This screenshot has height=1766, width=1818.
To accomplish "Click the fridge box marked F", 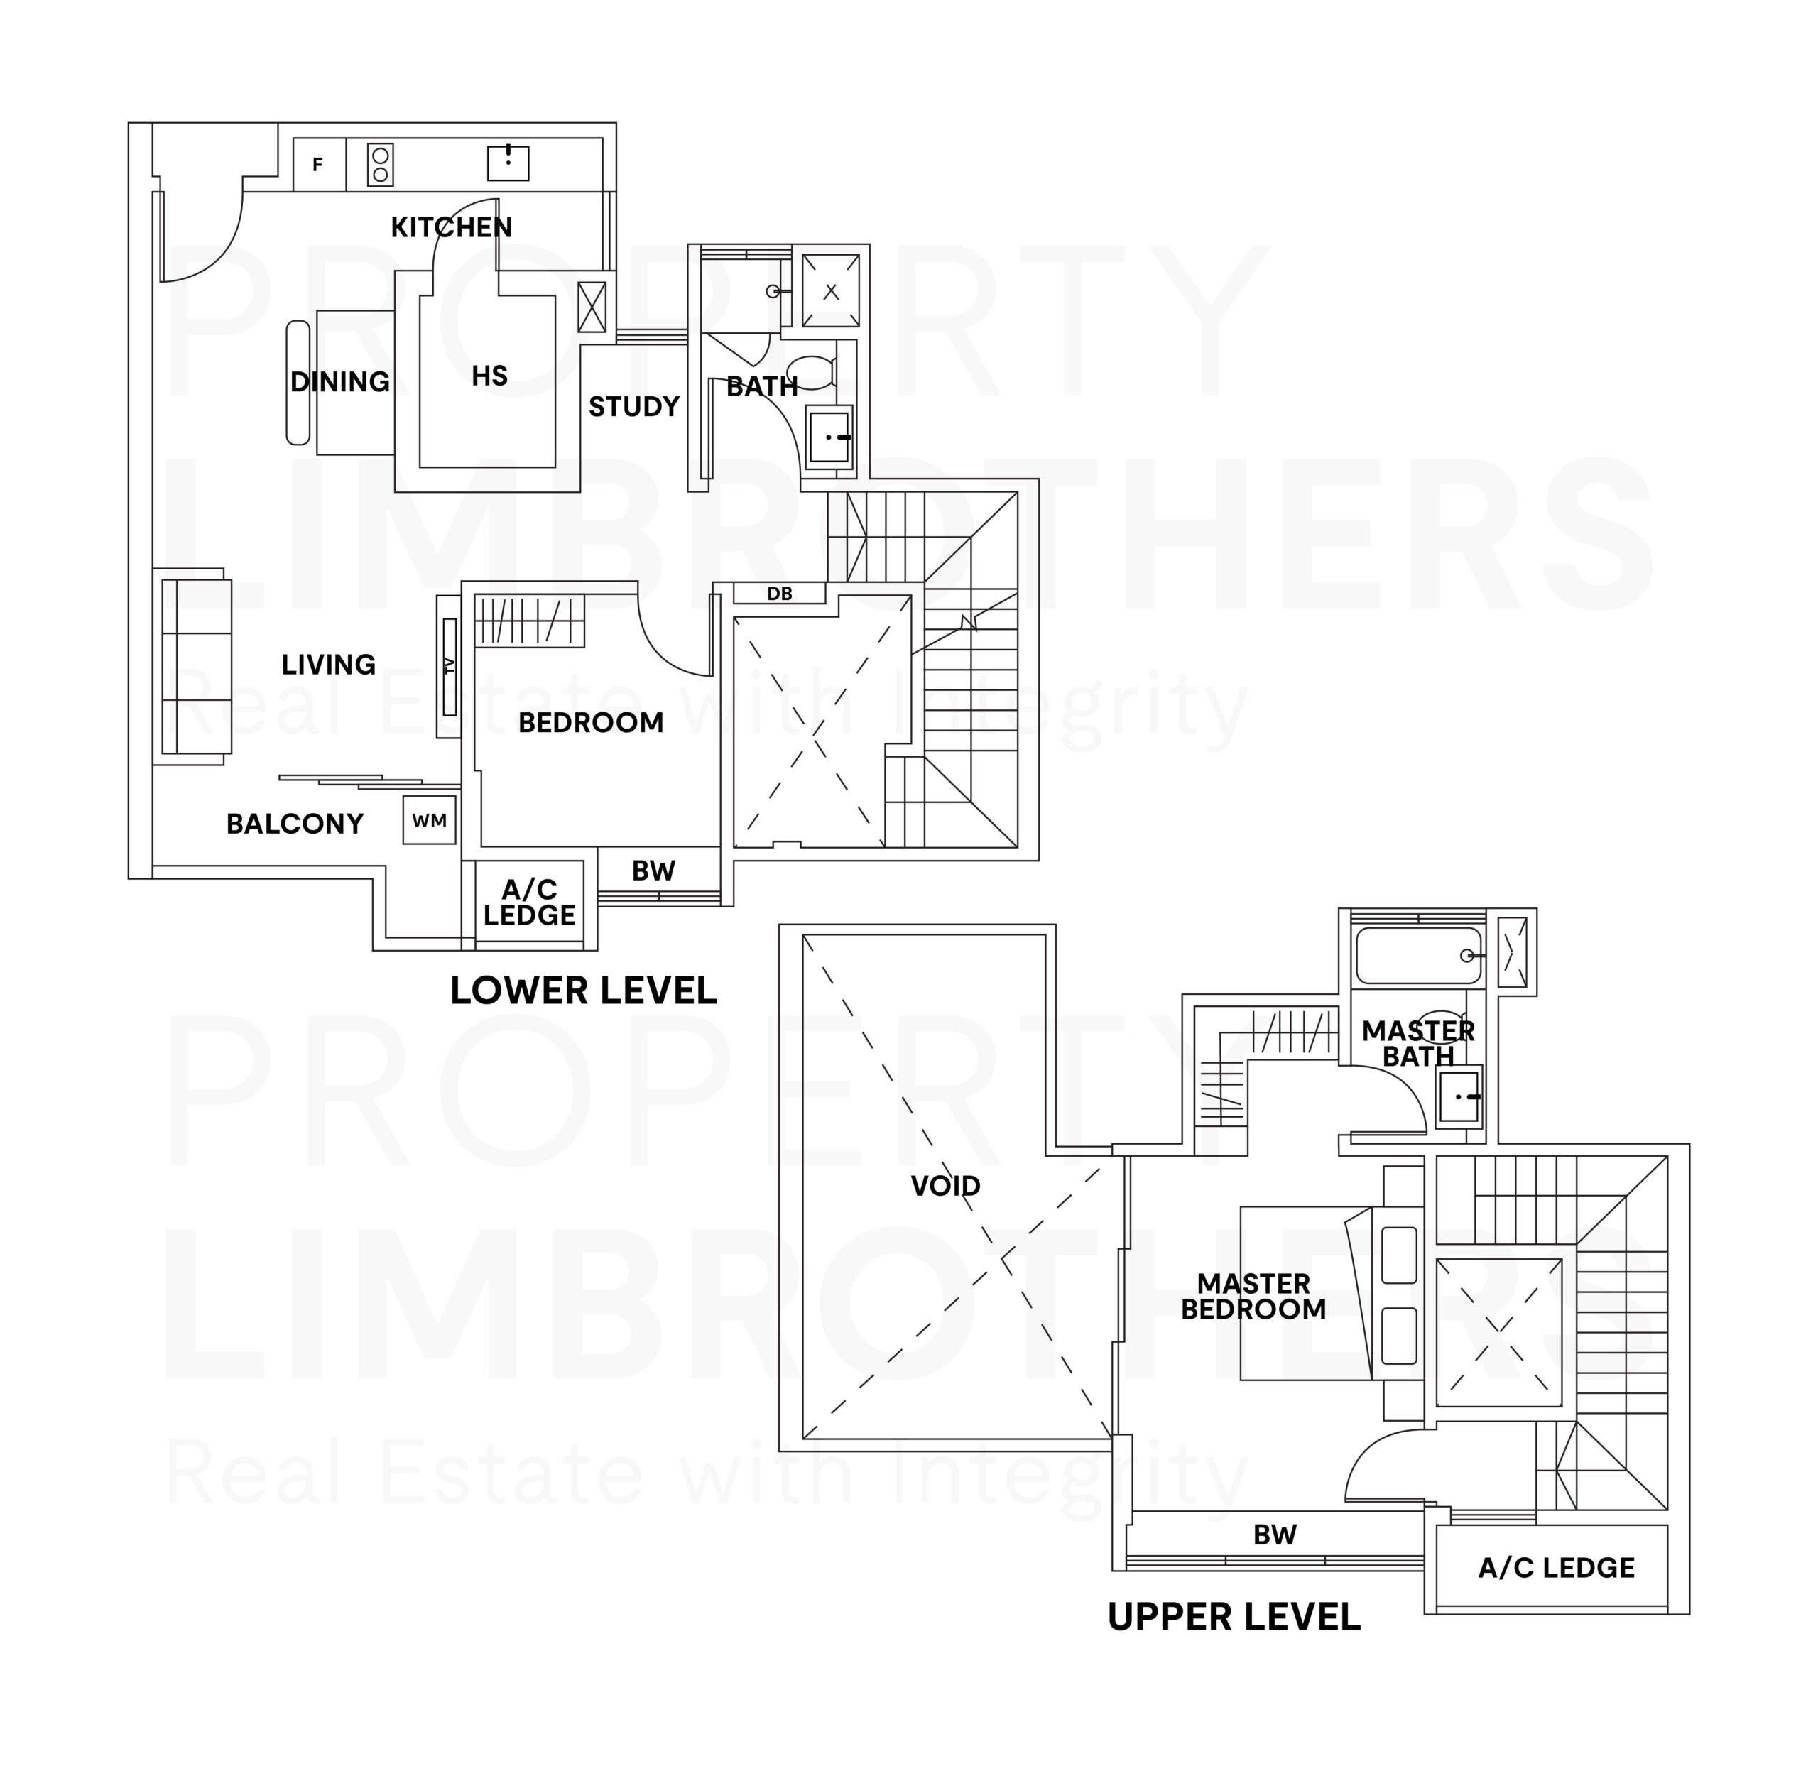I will point(318,165).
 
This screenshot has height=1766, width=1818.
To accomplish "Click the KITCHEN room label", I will point(451,227).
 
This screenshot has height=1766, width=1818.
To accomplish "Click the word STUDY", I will point(633,406).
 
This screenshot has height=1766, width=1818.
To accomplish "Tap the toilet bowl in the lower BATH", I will point(815,372).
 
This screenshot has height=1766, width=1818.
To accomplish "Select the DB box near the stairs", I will point(779,594).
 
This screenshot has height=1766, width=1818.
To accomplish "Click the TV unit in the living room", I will point(449,666).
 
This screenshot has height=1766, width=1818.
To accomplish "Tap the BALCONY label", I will point(294,824).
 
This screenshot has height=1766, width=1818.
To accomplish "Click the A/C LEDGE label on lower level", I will point(528,903).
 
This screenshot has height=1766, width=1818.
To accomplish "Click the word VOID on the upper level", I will point(945,1185).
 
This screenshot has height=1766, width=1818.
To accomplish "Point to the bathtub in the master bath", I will point(1418,955).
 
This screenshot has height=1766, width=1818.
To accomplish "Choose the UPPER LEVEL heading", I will point(1233,1617).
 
